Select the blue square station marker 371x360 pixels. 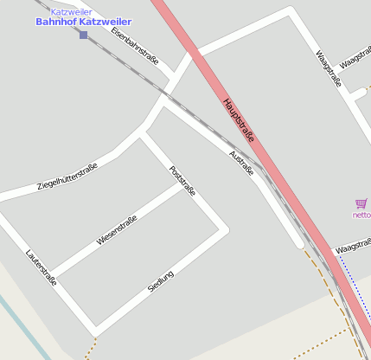tap(83, 35)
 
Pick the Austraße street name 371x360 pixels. tap(241, 164)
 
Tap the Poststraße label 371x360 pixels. tap(182, 181)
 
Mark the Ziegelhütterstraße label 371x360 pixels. tap(67, 177)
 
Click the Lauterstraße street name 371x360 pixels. tap(42, 267)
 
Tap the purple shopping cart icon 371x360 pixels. tap(361, 203)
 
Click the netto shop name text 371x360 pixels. tap(361, 215)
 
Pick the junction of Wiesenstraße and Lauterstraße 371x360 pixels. tap(48, 273)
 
